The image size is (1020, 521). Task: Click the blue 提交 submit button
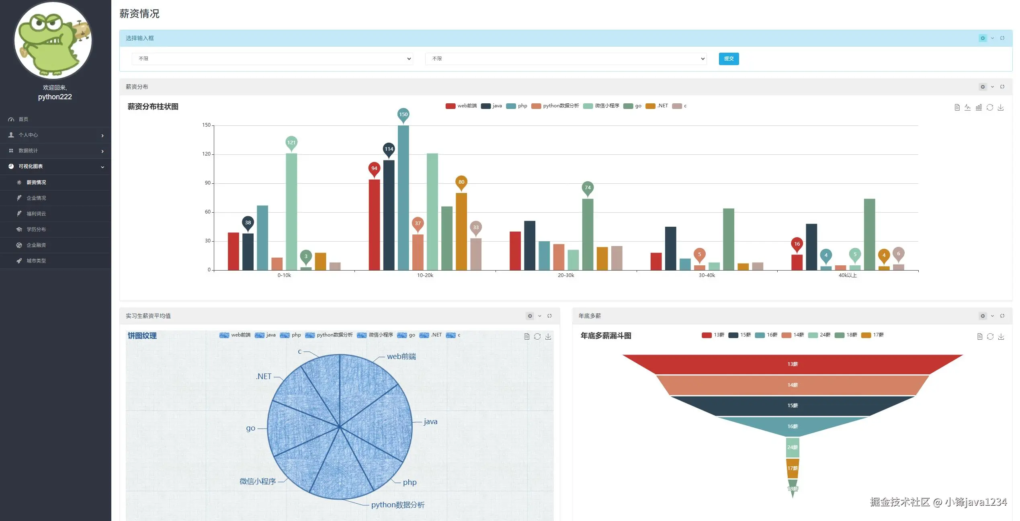coord(728,59)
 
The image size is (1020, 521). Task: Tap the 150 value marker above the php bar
coord(403,115)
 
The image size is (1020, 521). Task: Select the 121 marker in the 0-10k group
coord(291,142)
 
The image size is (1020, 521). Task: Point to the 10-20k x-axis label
coord(425,275)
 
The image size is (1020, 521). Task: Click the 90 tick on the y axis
coord(207,183)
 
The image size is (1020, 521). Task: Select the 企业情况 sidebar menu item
coord(36,198)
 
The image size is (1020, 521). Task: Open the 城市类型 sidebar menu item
coord(36,260)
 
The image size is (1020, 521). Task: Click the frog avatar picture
coord(53,40)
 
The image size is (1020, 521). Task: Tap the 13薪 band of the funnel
coord(792,364)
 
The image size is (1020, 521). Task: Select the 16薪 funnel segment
coord(792,426)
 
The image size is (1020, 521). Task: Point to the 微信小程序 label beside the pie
coord(258,481)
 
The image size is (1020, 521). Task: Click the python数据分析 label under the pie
coord(397,505)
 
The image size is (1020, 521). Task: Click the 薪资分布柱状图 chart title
coord(153,107)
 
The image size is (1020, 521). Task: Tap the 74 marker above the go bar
coord(587,188)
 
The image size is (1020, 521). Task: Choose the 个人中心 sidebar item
coord(28,135)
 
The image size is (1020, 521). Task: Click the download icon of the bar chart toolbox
coord(1000,107)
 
